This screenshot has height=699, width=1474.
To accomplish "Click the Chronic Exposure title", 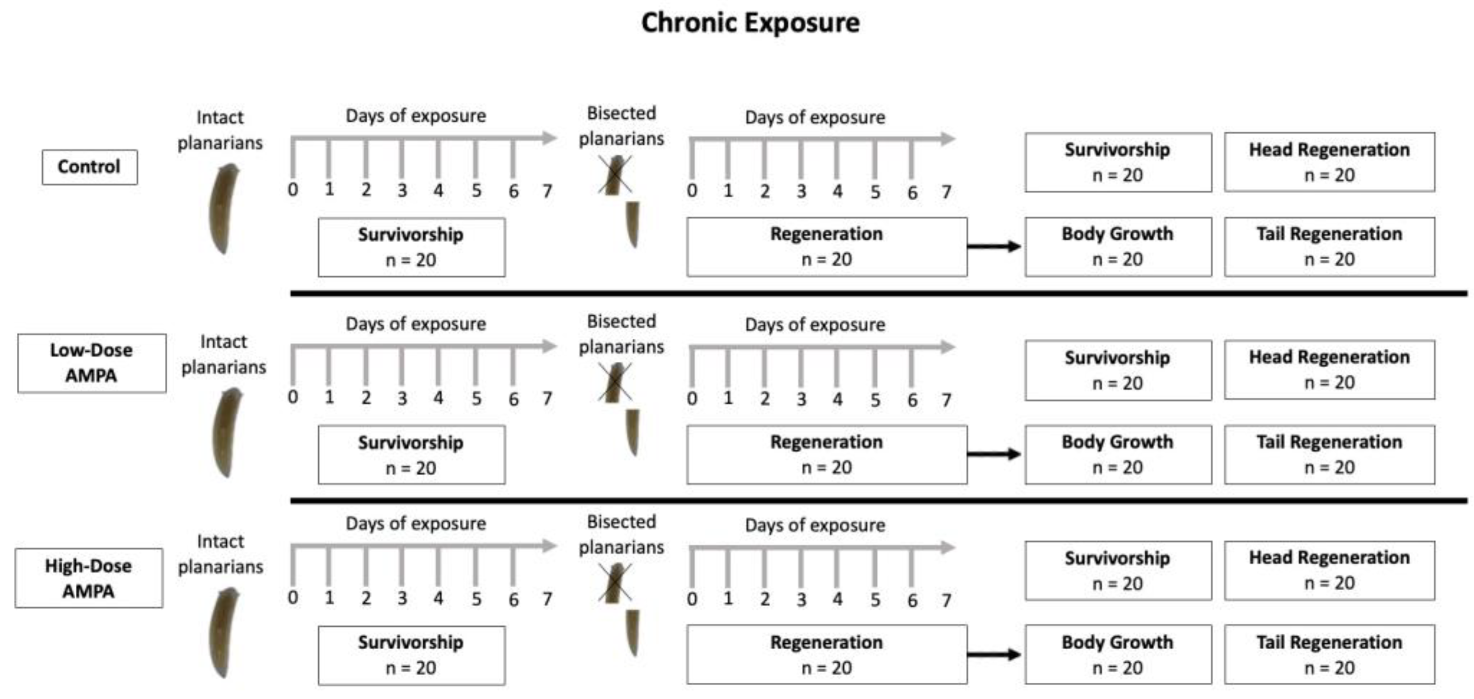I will point(750,23).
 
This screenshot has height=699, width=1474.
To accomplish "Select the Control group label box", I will point(89,167).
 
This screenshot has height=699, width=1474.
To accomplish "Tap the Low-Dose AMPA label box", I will point(92,363).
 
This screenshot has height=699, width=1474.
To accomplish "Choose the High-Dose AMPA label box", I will point(89,578).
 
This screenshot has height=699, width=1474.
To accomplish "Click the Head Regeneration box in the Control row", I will point(1329,162).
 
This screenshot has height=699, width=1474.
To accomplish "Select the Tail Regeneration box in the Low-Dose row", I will point(1329,455).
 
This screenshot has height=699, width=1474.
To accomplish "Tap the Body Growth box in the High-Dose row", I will point(1117,654).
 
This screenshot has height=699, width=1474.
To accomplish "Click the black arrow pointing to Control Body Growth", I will point(993,247).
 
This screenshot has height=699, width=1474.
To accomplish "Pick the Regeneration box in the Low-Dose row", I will point(826,455).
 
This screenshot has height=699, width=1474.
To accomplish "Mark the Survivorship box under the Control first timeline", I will point(411,247).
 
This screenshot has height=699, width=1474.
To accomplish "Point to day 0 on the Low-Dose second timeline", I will point(692,398).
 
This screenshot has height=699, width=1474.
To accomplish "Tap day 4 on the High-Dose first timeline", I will point(438,598).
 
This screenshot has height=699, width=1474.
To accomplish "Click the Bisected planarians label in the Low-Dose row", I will point(621,334).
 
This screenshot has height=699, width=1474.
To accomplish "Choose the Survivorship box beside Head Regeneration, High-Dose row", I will point(1117,570).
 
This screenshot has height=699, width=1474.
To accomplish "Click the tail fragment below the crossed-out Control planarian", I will point(632,224).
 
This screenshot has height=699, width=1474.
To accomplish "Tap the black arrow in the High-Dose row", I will point(993,654).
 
